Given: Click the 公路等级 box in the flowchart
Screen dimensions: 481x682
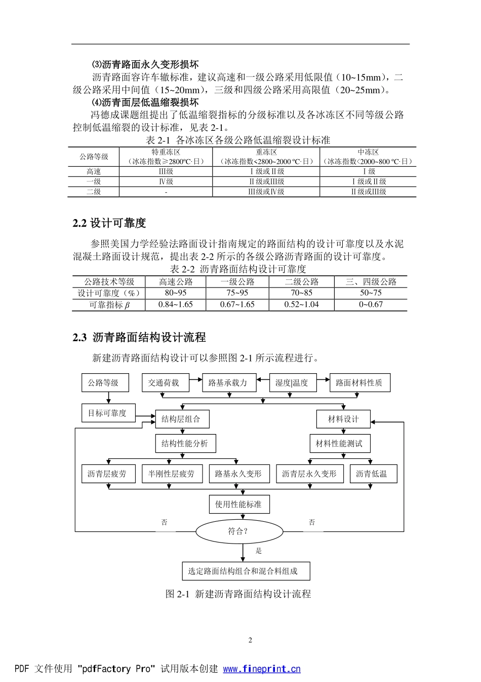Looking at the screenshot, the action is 105,383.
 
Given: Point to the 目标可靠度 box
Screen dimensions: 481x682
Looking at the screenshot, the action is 107,413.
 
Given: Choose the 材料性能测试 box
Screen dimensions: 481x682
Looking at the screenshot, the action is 339,444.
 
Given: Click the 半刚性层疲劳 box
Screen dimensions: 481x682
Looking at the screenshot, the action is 172,474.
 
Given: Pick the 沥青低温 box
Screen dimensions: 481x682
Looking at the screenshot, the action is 373,474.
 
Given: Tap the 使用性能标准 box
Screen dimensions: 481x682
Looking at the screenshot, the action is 238,504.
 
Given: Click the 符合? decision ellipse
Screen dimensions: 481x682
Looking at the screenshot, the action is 238,531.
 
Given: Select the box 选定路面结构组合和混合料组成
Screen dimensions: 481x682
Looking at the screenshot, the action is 246,571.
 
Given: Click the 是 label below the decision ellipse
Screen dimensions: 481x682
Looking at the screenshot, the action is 259,551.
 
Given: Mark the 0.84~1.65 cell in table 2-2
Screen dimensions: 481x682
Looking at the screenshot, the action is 175,305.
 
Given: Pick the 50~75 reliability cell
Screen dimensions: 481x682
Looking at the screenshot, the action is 371,293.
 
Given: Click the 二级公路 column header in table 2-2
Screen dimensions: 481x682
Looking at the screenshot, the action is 302,282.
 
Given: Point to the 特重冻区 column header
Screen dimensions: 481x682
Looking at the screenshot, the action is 166,152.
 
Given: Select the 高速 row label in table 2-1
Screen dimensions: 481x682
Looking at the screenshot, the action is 94,172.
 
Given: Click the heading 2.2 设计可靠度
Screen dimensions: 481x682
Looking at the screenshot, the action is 109,223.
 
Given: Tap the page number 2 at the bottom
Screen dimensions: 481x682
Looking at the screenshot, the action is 250,640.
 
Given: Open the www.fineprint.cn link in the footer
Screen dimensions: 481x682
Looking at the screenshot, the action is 262,669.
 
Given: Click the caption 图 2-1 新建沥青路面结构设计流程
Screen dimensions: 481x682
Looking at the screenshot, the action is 238,594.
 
